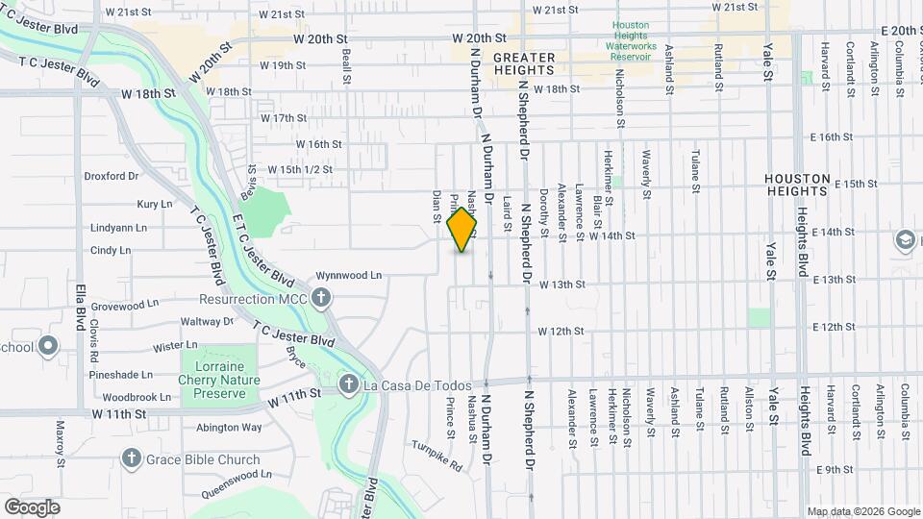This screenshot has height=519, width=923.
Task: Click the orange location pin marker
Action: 462,229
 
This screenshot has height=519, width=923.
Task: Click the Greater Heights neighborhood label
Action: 524,64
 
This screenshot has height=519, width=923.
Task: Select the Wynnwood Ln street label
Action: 348,275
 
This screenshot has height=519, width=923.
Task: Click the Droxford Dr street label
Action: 112,177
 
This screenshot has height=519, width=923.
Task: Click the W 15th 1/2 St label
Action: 300,169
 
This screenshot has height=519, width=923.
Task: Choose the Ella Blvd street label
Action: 81,303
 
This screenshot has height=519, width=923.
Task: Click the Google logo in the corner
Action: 32,507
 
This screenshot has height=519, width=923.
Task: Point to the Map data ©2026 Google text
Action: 862,511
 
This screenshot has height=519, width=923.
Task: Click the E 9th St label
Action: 834,470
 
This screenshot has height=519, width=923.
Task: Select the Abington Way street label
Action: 229,428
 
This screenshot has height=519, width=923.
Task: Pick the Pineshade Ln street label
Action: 121,374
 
